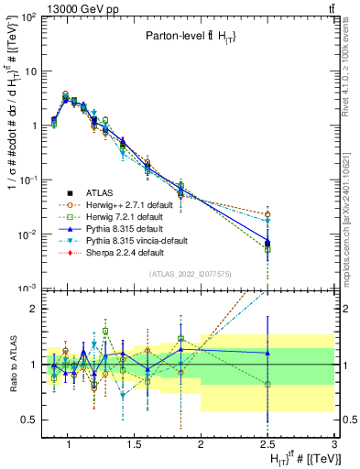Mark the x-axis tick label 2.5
(267, 445)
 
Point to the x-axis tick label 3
(335, 445)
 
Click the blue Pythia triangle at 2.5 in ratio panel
(267, 353)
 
